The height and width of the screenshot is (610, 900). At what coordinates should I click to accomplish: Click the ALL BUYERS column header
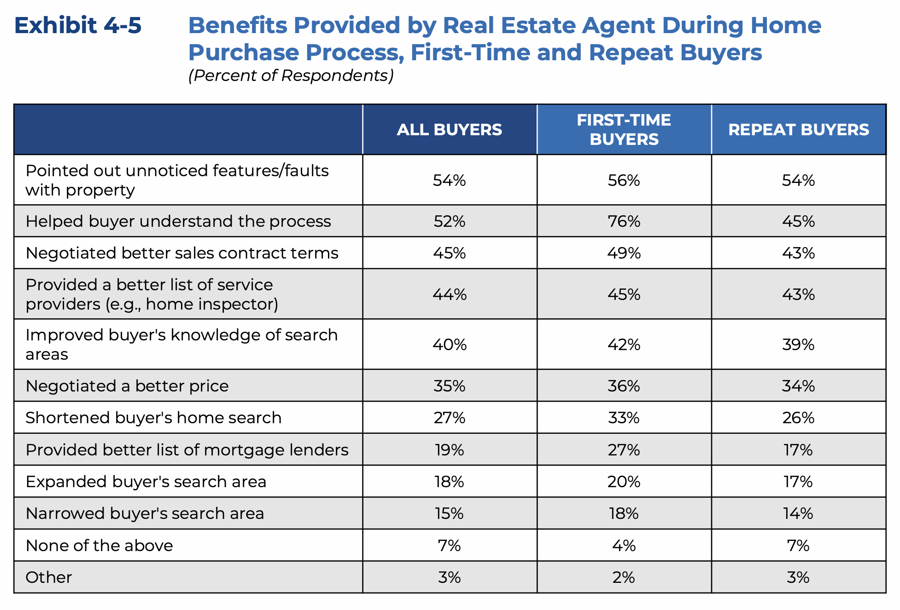pos(449,130)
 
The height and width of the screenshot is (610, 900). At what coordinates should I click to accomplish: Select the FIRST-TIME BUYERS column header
pos(624,130)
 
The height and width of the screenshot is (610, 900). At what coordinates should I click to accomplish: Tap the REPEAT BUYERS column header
pos(798,130)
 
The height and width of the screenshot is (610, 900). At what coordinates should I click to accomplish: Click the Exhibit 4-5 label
pos(78,25)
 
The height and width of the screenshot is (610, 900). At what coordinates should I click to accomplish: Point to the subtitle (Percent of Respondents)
pos(291,75)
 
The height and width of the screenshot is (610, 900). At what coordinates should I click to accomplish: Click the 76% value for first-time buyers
pos(624,221)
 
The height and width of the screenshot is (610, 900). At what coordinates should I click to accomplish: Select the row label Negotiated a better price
pos(127,386)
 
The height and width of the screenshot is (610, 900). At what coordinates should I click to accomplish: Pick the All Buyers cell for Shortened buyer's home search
pos(449,418)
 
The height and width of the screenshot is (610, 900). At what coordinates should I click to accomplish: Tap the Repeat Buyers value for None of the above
pos(798,546)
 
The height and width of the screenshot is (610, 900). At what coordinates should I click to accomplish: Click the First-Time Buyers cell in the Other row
pos(624,577)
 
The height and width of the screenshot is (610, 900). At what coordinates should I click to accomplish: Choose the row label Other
pos(49,577)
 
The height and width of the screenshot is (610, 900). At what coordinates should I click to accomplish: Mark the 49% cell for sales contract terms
pos(624,253)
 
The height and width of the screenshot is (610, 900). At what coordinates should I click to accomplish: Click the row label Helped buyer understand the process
pos(178,221)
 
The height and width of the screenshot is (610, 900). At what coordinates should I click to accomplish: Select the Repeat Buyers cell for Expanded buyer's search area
pos(798,482)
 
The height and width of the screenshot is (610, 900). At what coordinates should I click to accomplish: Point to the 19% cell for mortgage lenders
pos(449,450)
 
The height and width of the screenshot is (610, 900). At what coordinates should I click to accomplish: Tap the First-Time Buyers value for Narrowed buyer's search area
pos(624,513)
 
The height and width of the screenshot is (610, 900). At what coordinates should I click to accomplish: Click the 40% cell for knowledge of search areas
pos(449,345)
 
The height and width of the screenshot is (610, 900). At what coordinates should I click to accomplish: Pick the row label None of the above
pos(99,546)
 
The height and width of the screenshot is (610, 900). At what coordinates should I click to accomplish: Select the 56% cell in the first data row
pos(624,180)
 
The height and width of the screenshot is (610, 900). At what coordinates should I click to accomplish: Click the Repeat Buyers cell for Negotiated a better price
pos(798,386)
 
